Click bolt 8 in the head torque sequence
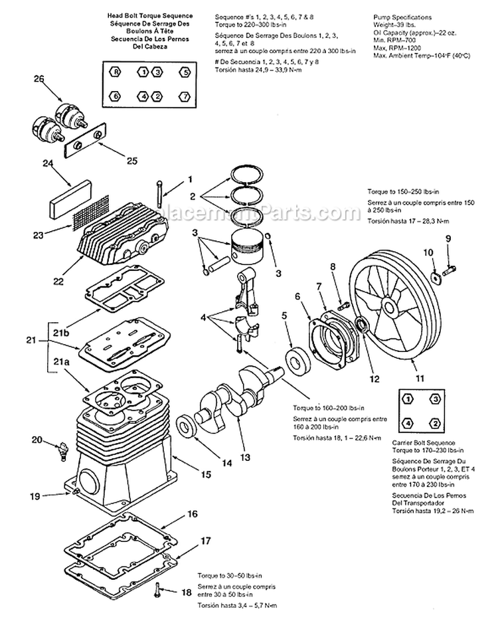116,71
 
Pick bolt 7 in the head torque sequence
185,96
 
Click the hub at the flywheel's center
386,308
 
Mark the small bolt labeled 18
157,588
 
